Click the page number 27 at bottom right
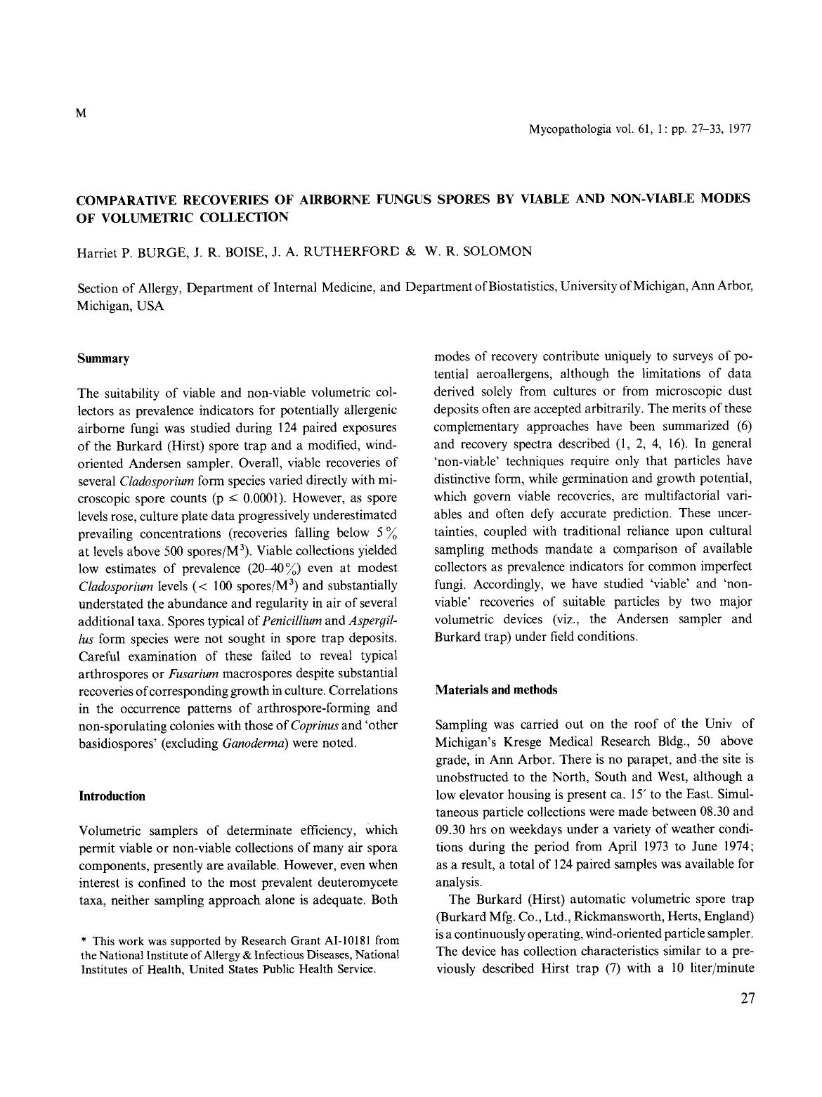747,999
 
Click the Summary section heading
103,358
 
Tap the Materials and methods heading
496,689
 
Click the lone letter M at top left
80,114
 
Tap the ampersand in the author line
411,252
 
